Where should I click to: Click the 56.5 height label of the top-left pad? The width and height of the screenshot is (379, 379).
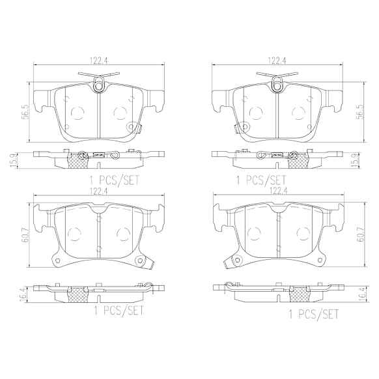(x=26, y=112)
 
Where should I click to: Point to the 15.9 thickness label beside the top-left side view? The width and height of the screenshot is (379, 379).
(x=14, y=160)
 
